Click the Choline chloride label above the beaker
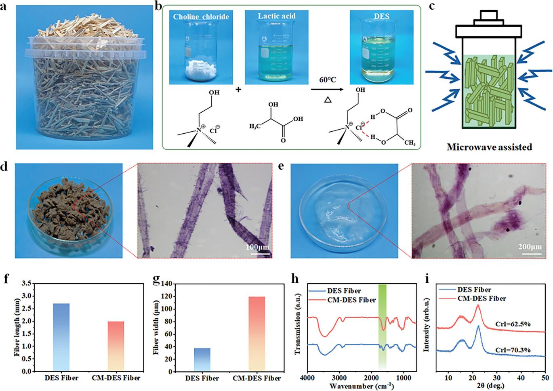coord(201,17)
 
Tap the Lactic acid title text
coord(277,16)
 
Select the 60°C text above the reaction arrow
coord(328,80)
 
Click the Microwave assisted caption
coord(489,147)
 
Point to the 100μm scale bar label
coord(257,247)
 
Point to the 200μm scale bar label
coord(530,246)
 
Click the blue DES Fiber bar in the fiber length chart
coord(61,337)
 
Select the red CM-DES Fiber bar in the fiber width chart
coord(257,334)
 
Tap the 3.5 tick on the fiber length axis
coord(27,284)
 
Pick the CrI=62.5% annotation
coord(513,324)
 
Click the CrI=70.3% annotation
coord(513,350)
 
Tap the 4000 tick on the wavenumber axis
coord(308,378)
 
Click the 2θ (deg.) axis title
coord(490,386)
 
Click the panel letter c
coord(431,6)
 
